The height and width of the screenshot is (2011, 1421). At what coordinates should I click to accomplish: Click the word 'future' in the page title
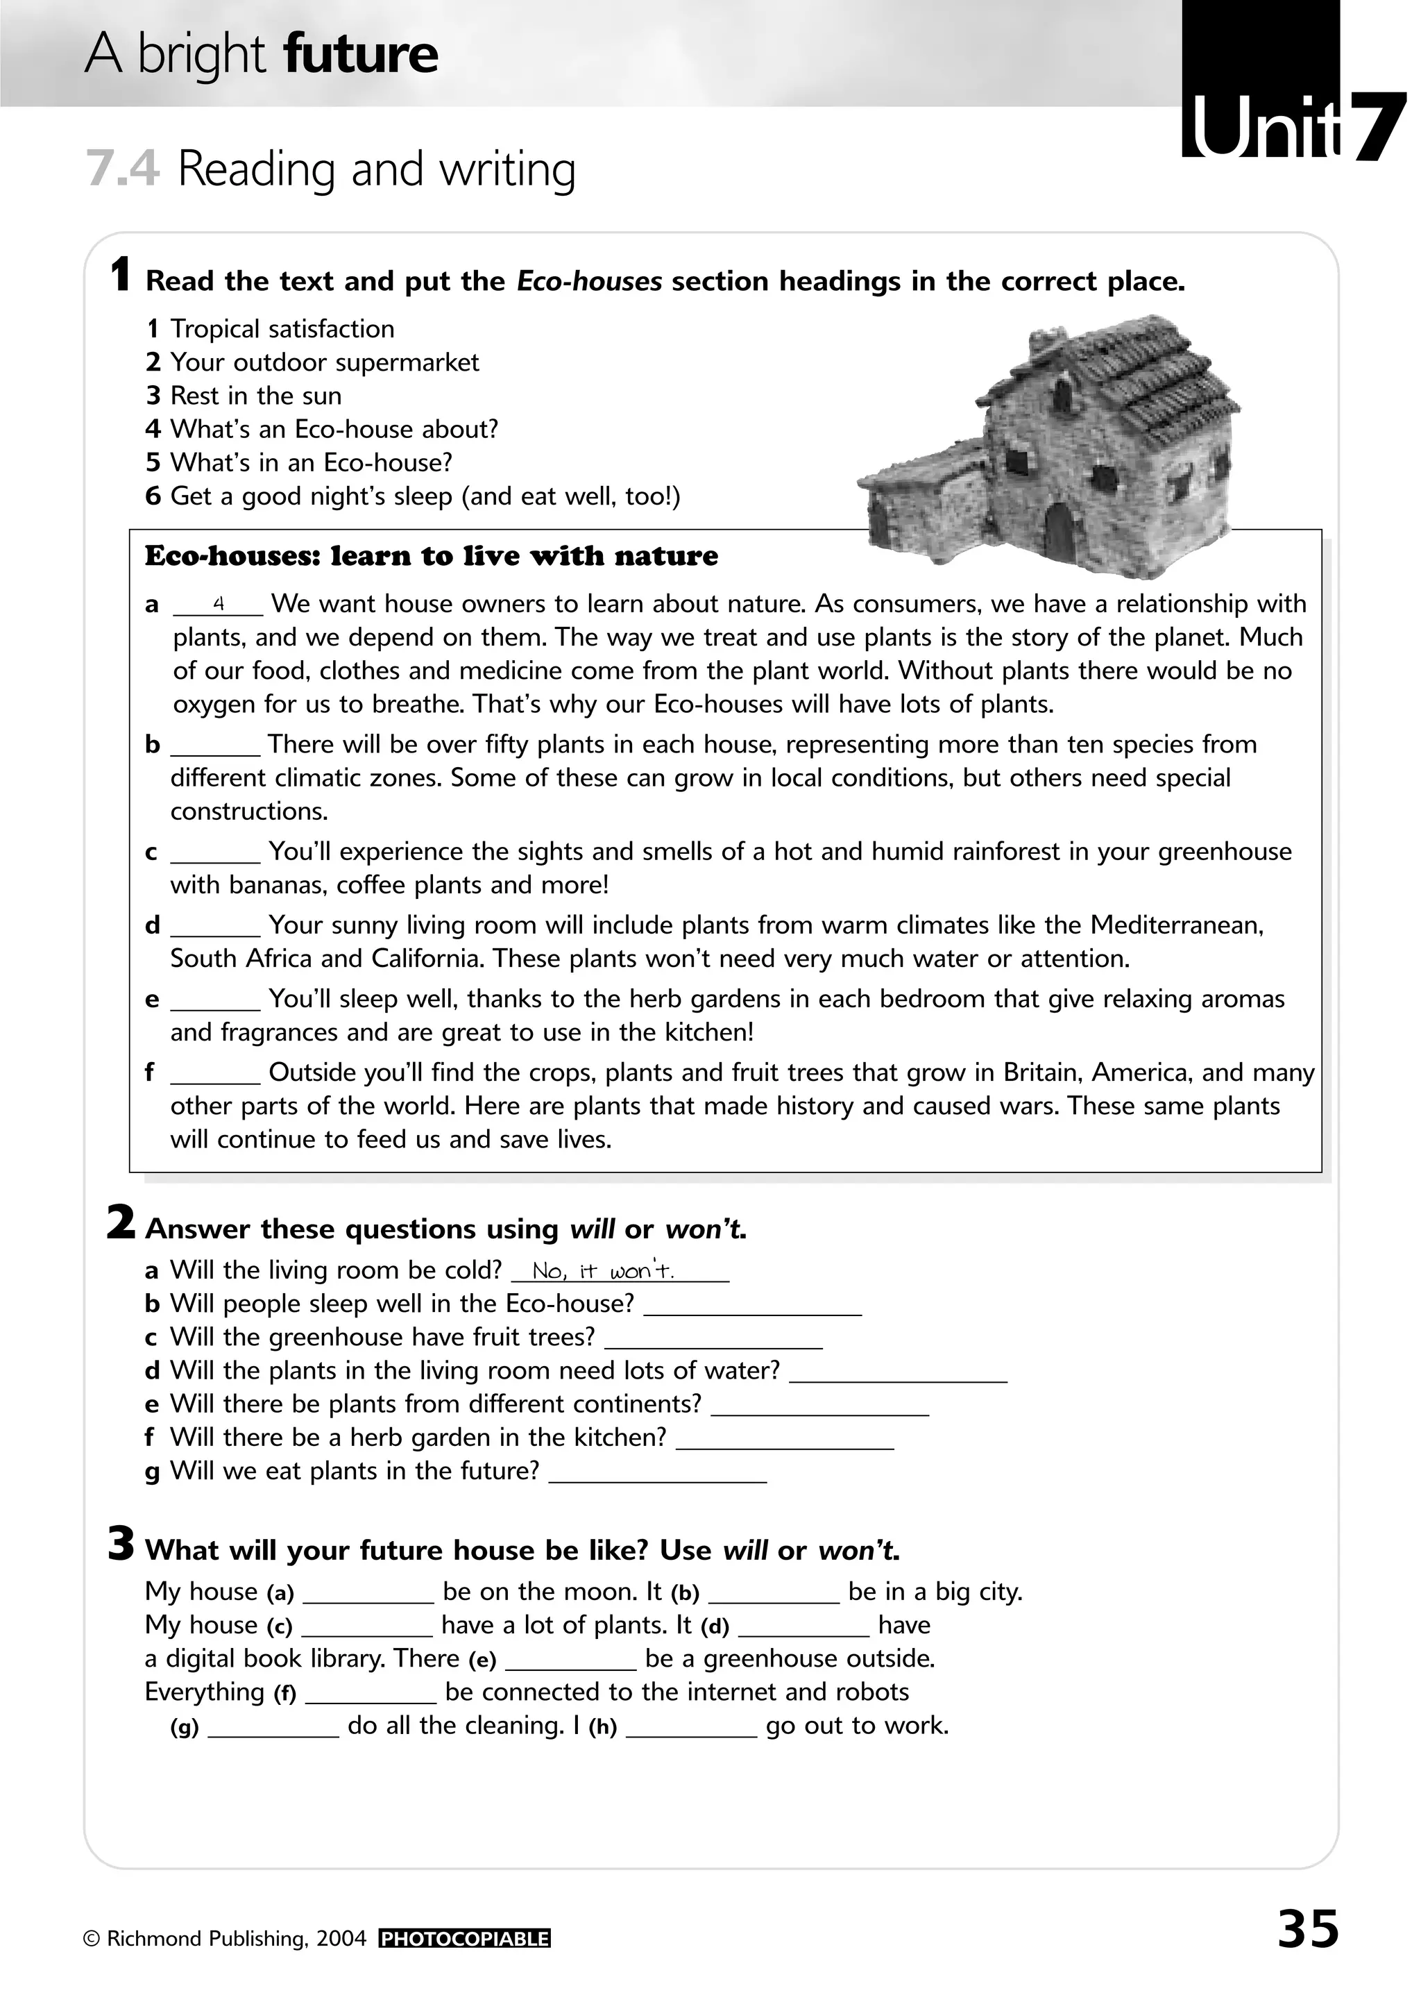[361, 54]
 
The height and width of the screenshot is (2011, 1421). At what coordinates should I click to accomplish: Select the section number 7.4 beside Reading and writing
[123, 169]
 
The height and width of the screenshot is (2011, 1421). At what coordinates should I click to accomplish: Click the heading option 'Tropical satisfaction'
[281, 329]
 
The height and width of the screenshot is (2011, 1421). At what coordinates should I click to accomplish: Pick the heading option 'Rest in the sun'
[255, 396]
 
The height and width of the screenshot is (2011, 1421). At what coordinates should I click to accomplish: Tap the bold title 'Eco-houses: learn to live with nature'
[431, 556]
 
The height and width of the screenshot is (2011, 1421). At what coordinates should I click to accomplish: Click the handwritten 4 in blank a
[219, 603]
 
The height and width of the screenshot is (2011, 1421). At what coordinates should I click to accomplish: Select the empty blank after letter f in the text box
[215, 1074]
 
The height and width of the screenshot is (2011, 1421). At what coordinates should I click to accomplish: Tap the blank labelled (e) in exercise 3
[571, 1660]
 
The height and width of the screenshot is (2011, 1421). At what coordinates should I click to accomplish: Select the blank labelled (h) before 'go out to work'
[691, 1726]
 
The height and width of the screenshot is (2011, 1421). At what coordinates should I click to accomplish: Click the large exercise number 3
[121, 1543]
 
